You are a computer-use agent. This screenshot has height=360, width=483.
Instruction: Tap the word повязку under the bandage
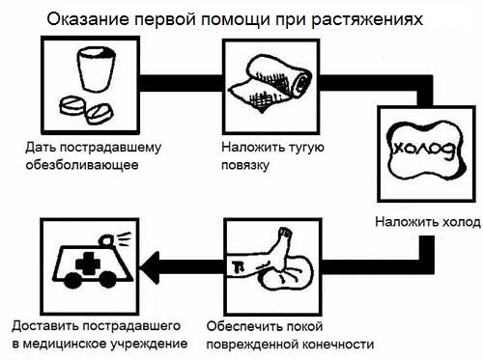pos(242,164)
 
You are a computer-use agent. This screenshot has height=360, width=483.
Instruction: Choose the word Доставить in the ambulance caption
pos(43,326)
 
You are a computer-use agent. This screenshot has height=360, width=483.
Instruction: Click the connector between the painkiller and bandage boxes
pos(182,79)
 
